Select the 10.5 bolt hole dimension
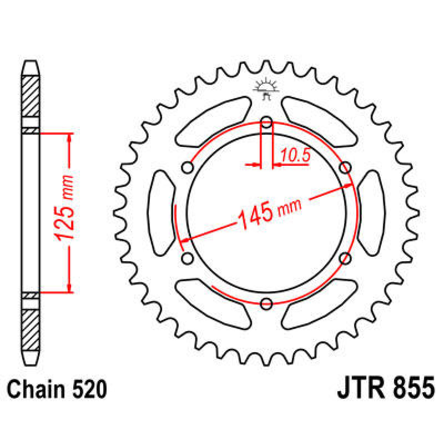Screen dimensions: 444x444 click(295, 156)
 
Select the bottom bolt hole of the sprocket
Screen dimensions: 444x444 click(266, 304)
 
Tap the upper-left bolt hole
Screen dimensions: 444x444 click(188, 168)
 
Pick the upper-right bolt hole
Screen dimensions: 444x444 click(345, 168)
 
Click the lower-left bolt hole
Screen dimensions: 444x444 click(188, 258)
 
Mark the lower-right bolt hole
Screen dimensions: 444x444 click(345, 258)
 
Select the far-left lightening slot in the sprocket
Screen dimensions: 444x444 click(161, 213)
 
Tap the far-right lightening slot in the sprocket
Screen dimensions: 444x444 click(371, 213)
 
